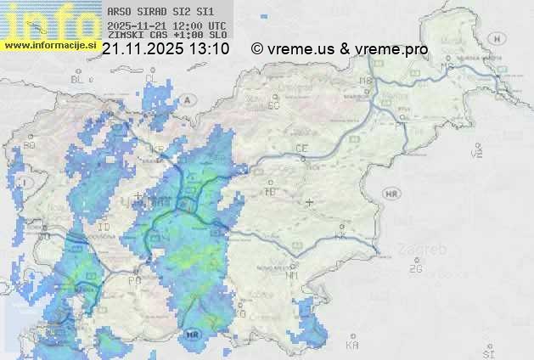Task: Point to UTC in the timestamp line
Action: [x=216, y=26]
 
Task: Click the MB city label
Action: [x=366, y=82]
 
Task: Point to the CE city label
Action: [x=301, y=149]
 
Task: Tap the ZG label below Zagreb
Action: [x=415, y=269]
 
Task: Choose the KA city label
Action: [x=352, y=345]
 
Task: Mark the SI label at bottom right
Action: [x=487, y=351]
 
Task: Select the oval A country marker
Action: [x=186, y=99]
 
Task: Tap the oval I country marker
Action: [x=26, y=182]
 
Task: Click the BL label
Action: [x=78, y=79]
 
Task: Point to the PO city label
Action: [x=134, y=279]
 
